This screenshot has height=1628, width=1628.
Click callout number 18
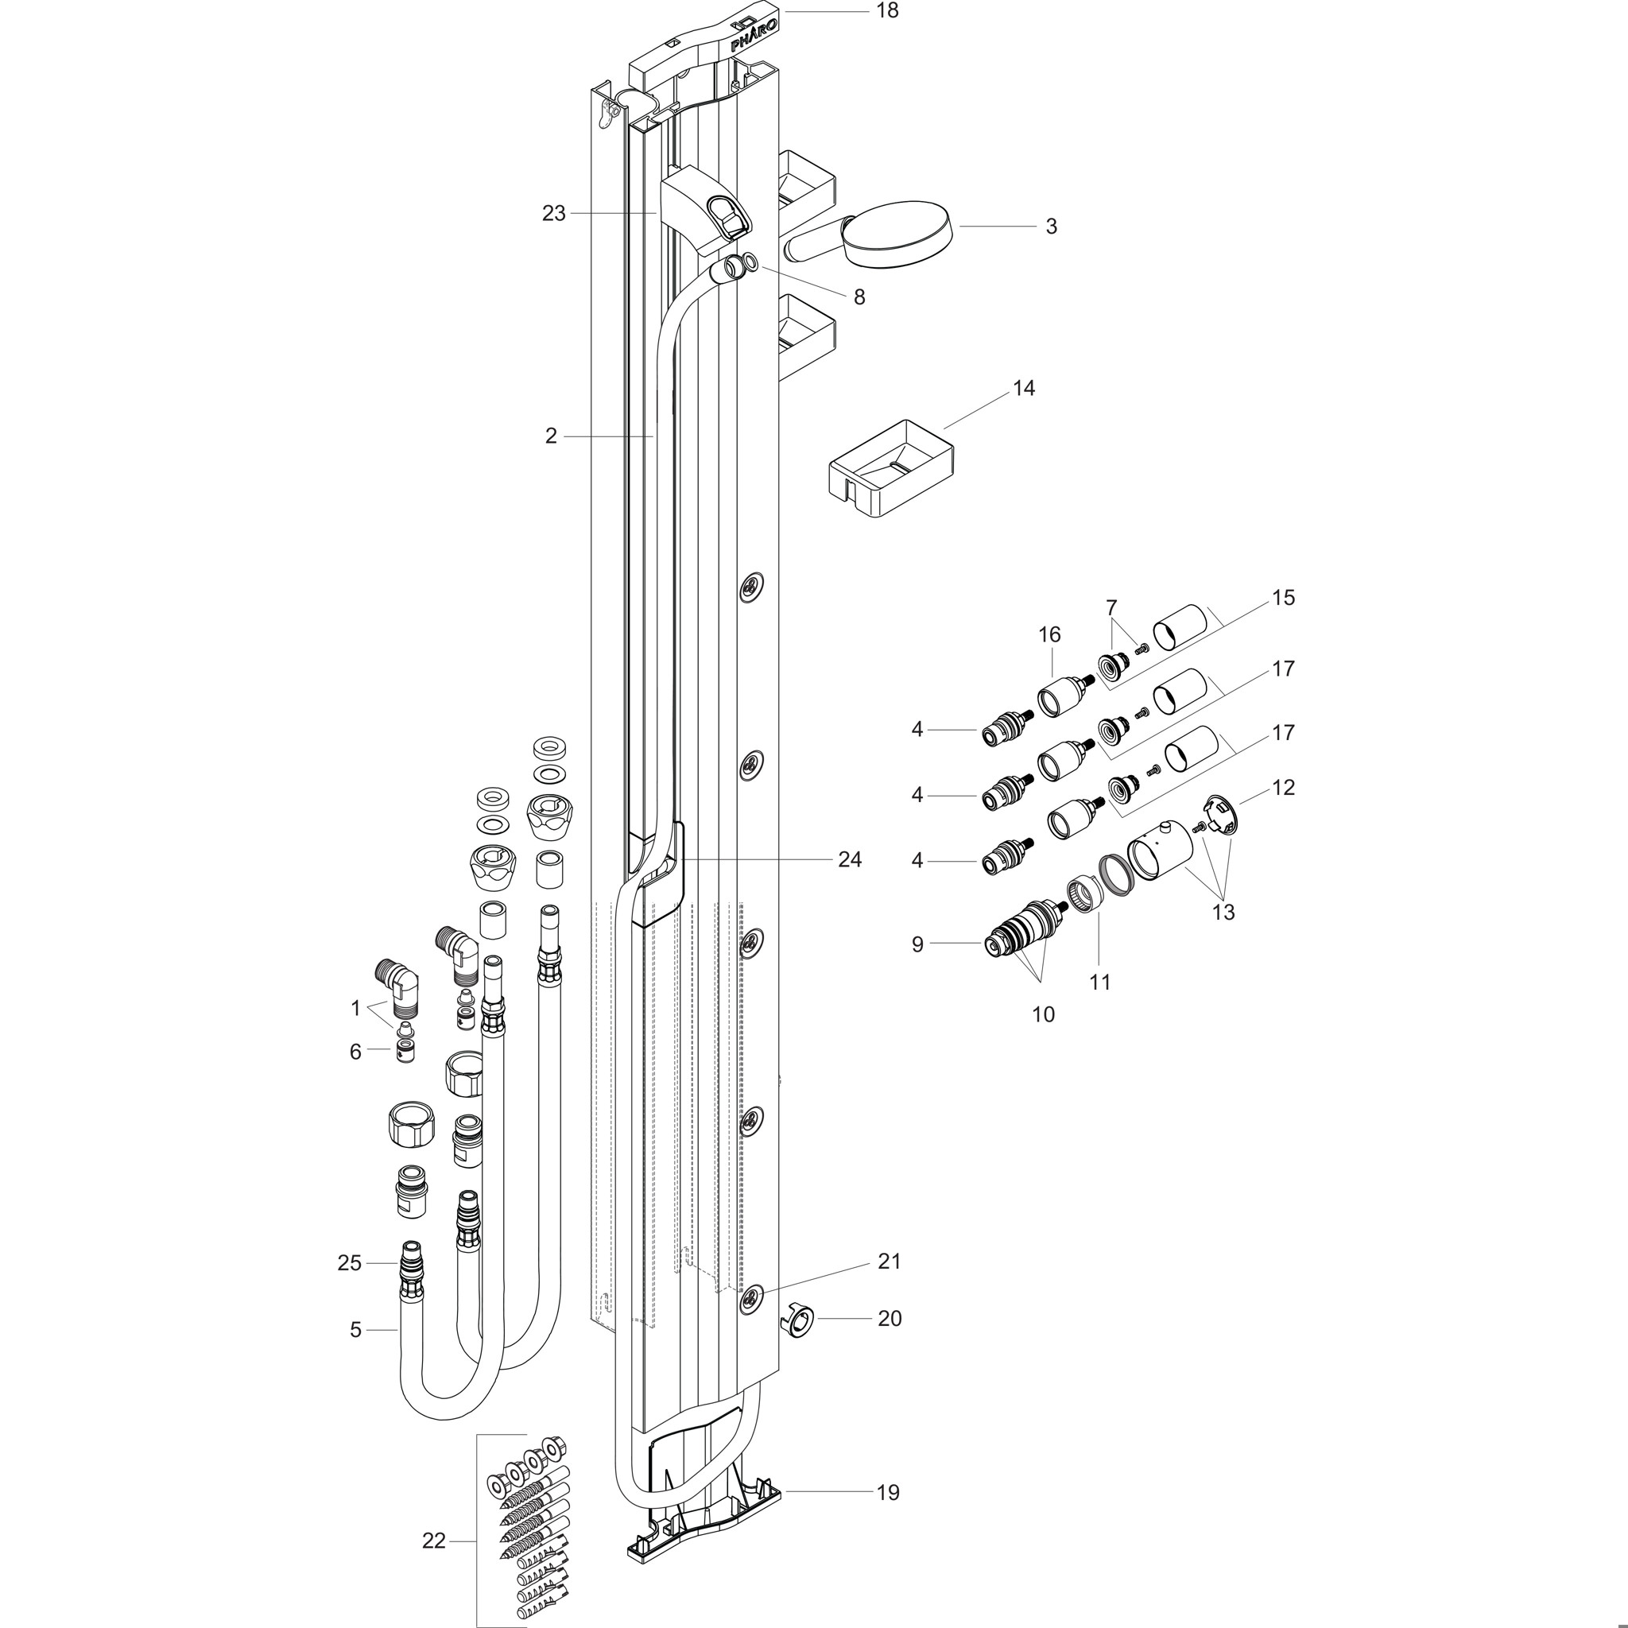(887, 11)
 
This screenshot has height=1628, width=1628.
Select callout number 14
(1024, 389)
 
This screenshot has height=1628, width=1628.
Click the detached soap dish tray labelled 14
(893, 467)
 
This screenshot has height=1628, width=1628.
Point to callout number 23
(553, 214)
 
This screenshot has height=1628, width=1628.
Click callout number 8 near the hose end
(859, 297)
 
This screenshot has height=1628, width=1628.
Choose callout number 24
(850, 859)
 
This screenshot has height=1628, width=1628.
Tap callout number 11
(1099, 983)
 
